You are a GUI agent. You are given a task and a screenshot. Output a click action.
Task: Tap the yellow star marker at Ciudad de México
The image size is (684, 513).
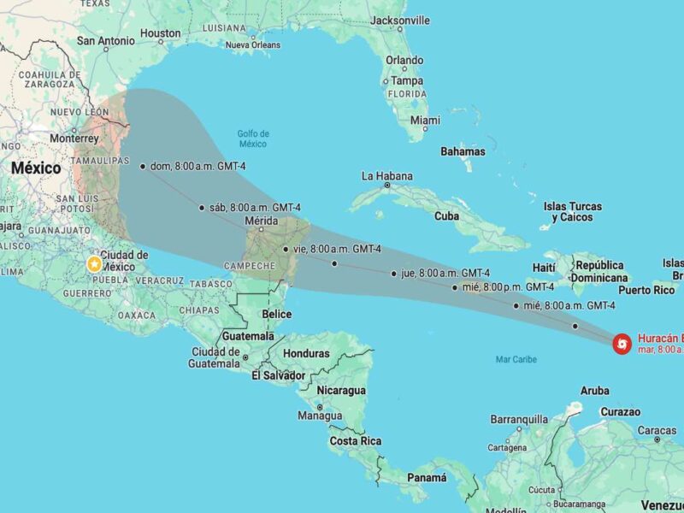coord(93,263)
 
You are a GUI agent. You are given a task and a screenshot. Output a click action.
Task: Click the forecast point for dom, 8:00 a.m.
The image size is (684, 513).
coord(142,166)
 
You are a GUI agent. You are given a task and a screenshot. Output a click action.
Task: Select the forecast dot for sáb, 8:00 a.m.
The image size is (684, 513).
coord(202,207)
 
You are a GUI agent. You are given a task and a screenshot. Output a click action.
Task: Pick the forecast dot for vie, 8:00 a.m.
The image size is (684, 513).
coord(285,249)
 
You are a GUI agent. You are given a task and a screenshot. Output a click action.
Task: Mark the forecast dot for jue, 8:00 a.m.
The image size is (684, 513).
coord(393,274)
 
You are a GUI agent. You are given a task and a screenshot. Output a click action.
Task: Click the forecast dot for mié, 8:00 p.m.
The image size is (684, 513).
coord(455,287)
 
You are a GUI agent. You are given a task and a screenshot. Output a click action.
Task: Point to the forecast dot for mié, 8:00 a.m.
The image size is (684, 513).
coord(516,305)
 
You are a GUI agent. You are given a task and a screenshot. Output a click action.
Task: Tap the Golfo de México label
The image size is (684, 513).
coord(253,138)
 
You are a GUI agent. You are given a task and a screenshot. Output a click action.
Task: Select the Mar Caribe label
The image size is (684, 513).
coord(516,359)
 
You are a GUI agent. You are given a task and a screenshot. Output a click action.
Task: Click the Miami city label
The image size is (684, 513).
coord(425,121)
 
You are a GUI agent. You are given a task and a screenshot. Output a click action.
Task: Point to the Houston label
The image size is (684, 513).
coord(161,33)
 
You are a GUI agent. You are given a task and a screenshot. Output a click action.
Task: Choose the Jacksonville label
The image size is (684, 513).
coord(400,20)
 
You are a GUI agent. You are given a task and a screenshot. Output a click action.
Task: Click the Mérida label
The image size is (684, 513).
coord(261,221)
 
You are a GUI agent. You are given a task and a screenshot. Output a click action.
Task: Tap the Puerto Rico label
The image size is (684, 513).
coord(646,290)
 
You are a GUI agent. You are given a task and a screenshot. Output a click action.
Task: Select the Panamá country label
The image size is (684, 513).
coord(427,478)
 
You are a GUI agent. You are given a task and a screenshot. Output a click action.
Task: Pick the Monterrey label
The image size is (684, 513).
coord(74,138)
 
